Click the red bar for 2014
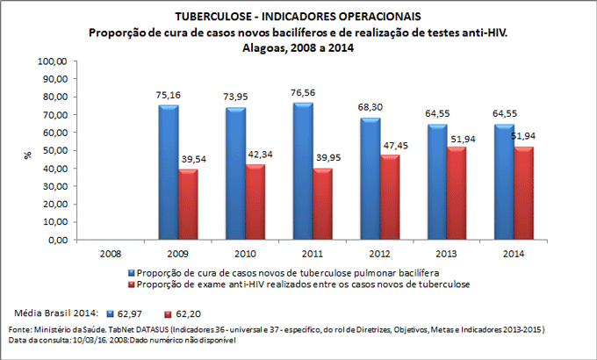tap(527, 193)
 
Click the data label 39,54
tap(192, 161)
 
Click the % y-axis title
tap(28, 153)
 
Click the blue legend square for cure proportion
tap(132, 273)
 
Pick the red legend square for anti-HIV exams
tap(132, 284)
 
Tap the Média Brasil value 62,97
tap(131, 313)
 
